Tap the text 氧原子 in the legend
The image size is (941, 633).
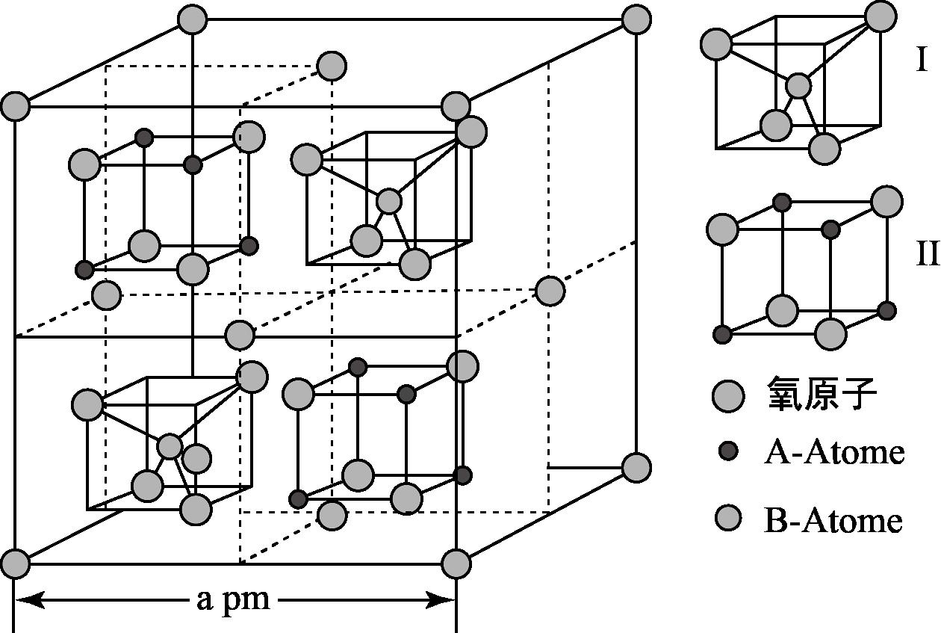821,395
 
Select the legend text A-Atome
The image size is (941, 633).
833,452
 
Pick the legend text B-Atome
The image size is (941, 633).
833,520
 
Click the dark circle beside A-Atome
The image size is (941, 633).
727,451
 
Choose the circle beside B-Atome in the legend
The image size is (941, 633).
727,518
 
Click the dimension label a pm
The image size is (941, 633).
233,599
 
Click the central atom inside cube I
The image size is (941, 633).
798,86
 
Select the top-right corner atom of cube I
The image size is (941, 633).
881,16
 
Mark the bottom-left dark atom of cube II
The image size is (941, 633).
722,334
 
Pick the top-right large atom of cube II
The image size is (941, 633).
886,201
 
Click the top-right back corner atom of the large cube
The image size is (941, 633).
636,19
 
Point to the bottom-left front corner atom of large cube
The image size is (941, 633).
15,563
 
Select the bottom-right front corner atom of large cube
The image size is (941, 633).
456,563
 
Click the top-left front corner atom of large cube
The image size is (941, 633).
15,106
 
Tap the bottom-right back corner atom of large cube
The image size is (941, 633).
636,468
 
